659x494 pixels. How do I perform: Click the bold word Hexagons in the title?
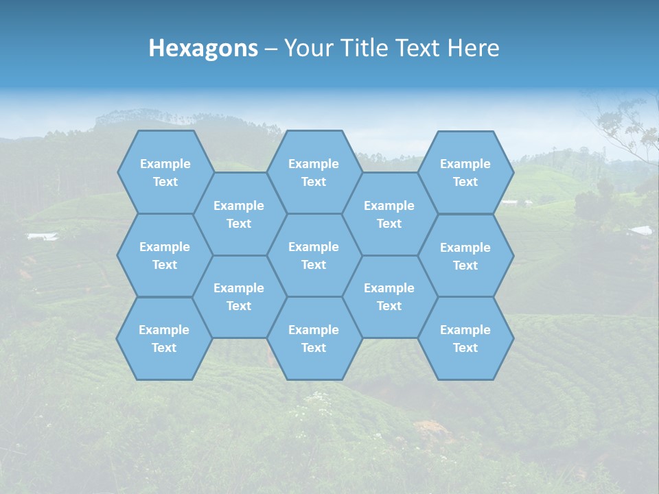pyautogui.click(x=203, y=48)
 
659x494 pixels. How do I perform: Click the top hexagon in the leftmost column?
pyautogui.click(x=165, y=172)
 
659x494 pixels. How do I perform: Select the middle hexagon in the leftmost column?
pyautogui.click(x=165, y=255)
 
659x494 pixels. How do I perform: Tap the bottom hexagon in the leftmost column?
pyautogui.click(x=164, y=338)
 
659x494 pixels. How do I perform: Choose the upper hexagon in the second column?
pyautogui.click(x=239, y=214)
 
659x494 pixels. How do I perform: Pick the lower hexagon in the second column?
pyautogui.click(x=239, y=296)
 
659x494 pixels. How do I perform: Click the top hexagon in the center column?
pyautogui.click(x=314, y=172)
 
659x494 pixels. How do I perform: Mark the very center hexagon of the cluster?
pyautogui.click(x=314, y=255)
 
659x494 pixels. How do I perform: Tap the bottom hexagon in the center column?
pyautogui.click(x=314, y=338)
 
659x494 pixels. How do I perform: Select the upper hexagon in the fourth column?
pyautogui.click(x=389, y=214)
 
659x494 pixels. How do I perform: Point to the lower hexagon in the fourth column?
pyautogui.click(x=389, y=296)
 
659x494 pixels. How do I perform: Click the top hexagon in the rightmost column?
pyautogui.click(x=465, y=172)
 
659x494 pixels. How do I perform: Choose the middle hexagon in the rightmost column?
pyautogui.click(x=465, y=256)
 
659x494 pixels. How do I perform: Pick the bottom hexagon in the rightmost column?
pyautogui.click(x=465, y=338)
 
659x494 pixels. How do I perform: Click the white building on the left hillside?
pyautogui.click(x=43, y=237)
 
